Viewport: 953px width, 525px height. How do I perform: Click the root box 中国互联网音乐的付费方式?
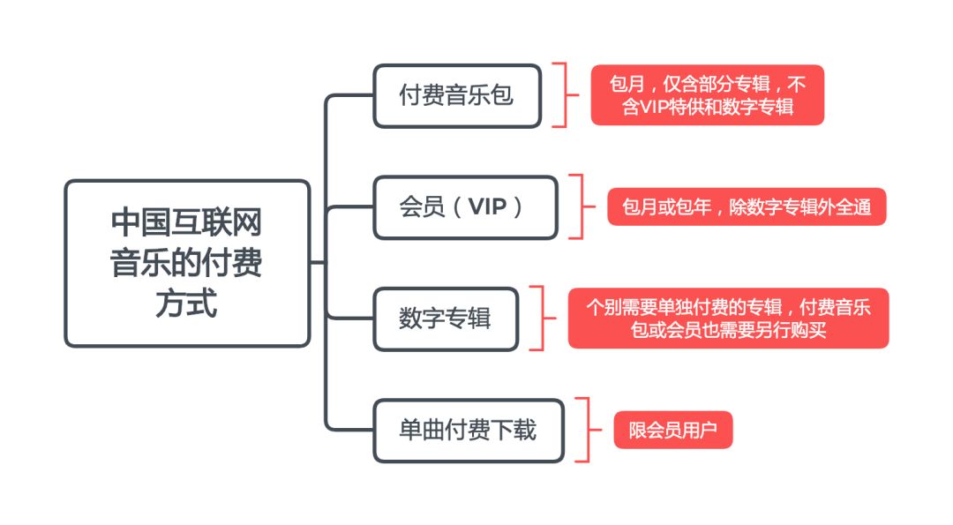187,263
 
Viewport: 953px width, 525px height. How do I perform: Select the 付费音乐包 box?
456,95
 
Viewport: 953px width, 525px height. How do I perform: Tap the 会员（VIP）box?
465,207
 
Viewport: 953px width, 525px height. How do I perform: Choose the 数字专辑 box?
445,319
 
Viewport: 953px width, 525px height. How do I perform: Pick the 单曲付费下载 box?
468,431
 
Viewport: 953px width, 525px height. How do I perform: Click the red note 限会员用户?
673,431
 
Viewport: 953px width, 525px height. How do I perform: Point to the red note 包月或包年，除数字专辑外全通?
747,207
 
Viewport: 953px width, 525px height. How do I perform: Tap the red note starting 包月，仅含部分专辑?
707,95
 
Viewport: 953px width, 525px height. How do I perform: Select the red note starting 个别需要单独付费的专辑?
728,319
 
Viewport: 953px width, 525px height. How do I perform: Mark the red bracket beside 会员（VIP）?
578,207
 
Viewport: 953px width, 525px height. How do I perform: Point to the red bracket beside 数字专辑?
540,319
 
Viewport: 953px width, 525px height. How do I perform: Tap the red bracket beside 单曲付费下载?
582,431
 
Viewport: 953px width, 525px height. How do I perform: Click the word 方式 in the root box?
187,304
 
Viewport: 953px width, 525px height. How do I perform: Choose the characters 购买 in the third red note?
807,330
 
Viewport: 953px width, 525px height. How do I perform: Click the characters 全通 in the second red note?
852,207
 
